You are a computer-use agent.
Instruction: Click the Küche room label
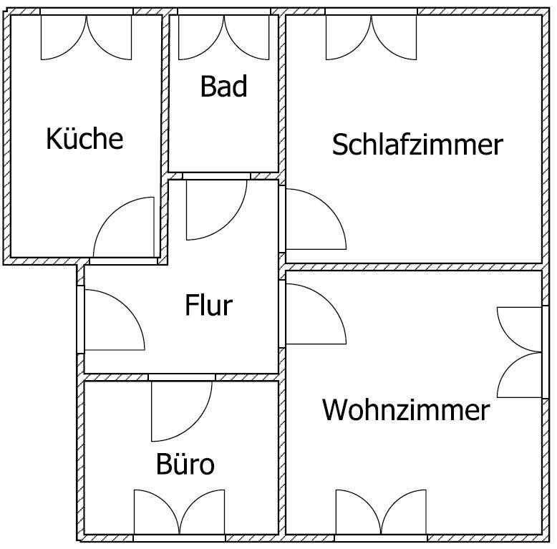coord(84,138)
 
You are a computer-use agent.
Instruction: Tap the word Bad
coord(223,86)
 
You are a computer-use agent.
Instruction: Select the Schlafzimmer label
coord(417,144)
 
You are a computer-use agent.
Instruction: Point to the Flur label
coord(208,305)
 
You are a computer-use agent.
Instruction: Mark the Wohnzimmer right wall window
coord(520,352)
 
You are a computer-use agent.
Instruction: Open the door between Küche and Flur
coord(124,228)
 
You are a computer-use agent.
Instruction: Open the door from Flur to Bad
coord(217,210)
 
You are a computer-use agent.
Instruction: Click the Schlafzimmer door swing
coord(316,220)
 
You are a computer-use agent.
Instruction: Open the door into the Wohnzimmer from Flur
coord(316,314)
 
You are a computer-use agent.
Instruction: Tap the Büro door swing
coord(182,411)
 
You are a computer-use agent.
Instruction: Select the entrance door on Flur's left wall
coord(115,320)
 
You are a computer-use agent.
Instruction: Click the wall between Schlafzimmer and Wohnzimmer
coord(414,267)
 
